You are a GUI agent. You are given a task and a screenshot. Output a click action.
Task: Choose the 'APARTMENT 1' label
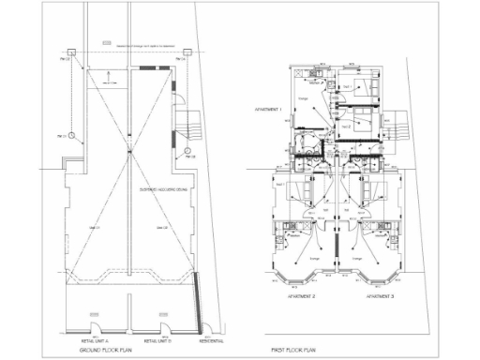269,109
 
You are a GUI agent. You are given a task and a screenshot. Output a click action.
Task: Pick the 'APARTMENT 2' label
300,295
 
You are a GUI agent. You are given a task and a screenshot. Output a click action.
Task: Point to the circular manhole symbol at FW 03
187,149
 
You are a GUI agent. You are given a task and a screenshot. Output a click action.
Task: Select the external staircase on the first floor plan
398,122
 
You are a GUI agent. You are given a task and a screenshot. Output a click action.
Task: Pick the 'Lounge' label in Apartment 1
303,97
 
